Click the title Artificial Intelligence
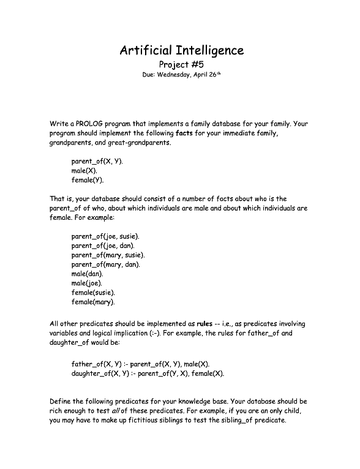pyautogui.click(x=181, y=50)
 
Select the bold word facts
pyautogui.click(x=184, y=133)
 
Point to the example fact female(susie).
pyautogui.click(x=93, y=293)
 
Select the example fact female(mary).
pyautogui.click(x=93, y=302)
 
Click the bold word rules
pyautogui.click(x=204, y=323)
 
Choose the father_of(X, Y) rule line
pyautogui.click(x=140, y=364)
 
